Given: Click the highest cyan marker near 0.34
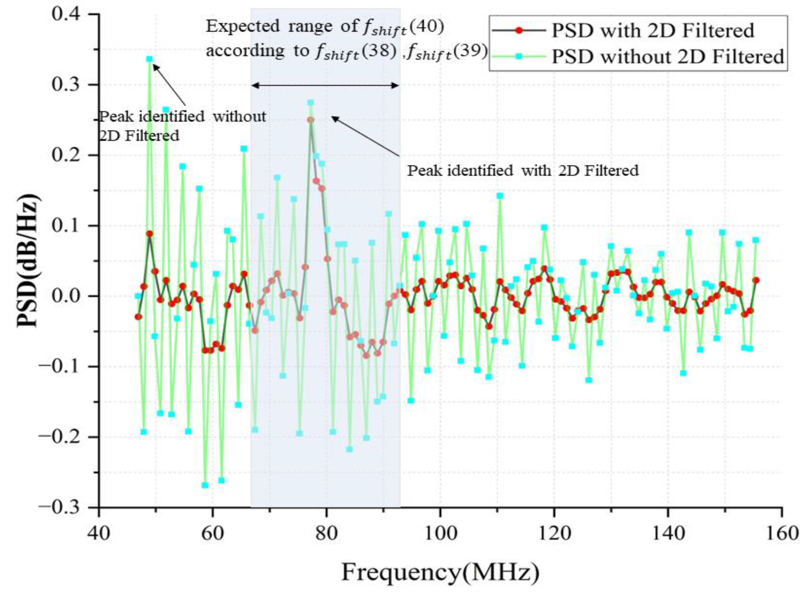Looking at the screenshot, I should click(x=150, y=59).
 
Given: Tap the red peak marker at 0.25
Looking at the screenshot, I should click(x=311, y=120).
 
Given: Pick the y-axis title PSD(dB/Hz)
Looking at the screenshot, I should click(x=28, y=261).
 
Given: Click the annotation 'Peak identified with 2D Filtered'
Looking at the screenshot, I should click(x=522, y=170).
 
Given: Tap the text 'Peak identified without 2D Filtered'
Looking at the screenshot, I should click(x=182, y=126).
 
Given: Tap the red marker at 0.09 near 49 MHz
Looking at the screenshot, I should click(x=150, y=234).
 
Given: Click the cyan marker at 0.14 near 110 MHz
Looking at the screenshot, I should click(x=500, y=196).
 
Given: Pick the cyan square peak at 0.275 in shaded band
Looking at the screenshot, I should click(x=311, y=103).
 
